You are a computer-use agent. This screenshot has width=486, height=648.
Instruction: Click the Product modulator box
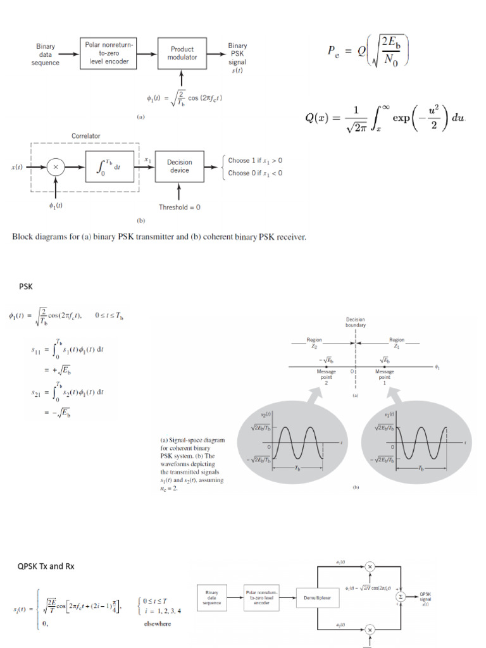click(x=182, y=53)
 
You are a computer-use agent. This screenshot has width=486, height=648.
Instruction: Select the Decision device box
click(x=180, y=166)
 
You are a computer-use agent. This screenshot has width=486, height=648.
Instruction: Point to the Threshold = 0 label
click(x=180, y=207)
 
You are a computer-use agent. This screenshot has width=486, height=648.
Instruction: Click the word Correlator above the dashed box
click(x=85, y=136)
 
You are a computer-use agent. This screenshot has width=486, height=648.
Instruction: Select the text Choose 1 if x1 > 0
click(x=255, y=161)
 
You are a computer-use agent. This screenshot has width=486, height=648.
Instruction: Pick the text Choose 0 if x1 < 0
click(x=255, y=173)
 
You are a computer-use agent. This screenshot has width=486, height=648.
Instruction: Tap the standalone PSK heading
click(x=25, y=286)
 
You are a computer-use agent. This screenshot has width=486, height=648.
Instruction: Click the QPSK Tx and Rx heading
click(x=46, y=566)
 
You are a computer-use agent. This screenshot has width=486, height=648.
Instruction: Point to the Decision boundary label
click(x=355, y=323)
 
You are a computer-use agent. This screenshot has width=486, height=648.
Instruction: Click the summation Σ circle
click(x=400, y=597)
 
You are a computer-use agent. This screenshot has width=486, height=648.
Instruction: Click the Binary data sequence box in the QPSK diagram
click(x=212, y=597)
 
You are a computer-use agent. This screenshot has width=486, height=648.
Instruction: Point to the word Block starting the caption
click(x=22, y=237)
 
